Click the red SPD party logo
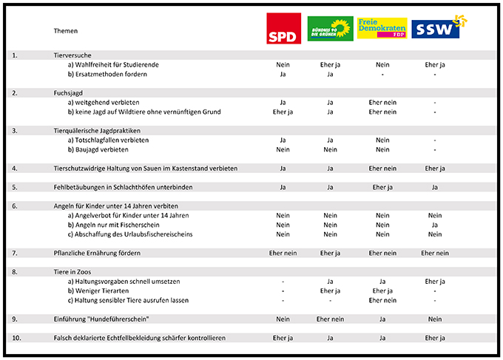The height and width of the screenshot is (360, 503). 283,29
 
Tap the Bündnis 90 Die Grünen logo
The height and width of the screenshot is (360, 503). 330,28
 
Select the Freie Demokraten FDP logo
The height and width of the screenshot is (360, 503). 382,28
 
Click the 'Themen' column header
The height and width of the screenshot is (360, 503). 66,31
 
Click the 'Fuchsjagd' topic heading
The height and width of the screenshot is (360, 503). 68,92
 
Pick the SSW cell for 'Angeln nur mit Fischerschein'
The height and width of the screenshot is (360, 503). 435,225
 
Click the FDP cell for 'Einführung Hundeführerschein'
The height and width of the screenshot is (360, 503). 382,319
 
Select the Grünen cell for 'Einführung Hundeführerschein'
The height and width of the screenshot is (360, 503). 331,319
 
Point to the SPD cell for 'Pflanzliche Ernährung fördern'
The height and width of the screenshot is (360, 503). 283,253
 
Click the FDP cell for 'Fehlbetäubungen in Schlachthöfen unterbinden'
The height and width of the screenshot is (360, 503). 382,187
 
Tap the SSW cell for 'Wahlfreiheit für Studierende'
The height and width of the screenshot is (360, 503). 435,65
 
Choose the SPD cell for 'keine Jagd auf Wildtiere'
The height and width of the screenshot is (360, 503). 283,112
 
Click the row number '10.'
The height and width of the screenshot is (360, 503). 16,338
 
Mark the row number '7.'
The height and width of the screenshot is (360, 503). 15,253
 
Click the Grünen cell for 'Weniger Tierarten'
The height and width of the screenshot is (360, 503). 331,291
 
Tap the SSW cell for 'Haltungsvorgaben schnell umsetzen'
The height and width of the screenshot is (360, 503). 435,281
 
